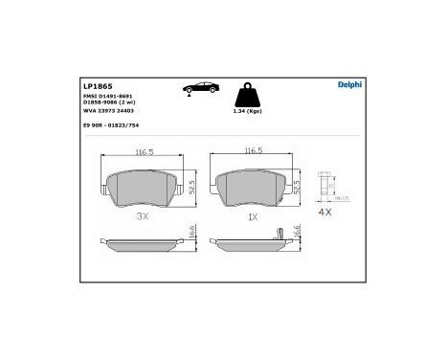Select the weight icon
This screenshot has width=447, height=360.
[251, 96]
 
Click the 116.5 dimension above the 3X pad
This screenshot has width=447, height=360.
[145, 152]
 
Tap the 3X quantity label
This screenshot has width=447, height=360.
[145, 217]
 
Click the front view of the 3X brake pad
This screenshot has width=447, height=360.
[145, 189]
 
